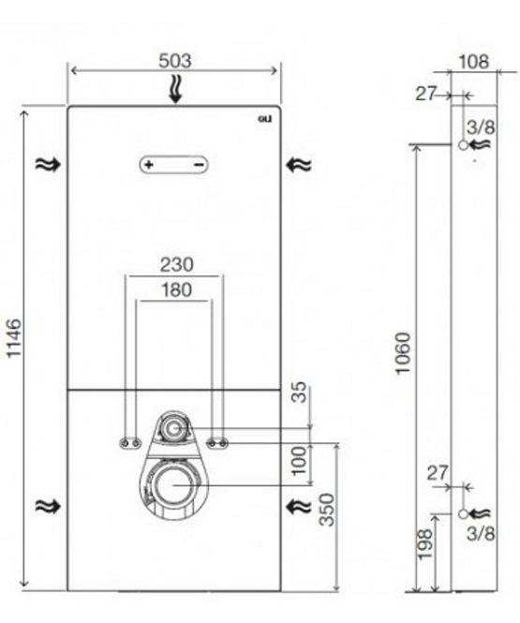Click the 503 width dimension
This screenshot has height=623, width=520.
pos(175,61)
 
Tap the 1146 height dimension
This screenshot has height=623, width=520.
pos(14,337)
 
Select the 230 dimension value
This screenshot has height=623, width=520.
pos(177,264)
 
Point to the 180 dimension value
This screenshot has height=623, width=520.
pos(177,290)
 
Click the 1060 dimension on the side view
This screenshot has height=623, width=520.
pos(402,353)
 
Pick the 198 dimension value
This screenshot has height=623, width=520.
pos(424,544)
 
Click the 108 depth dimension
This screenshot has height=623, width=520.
pos(473,62)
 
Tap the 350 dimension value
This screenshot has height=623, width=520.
pos(327,510)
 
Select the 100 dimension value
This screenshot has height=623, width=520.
pos(299,460)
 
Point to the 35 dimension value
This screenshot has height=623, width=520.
pos(299,393)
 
